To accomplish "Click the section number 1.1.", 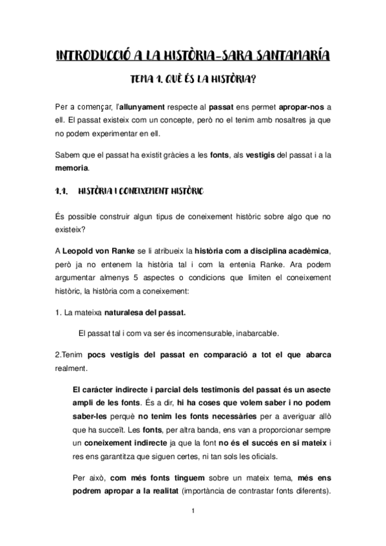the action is point(62,192).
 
